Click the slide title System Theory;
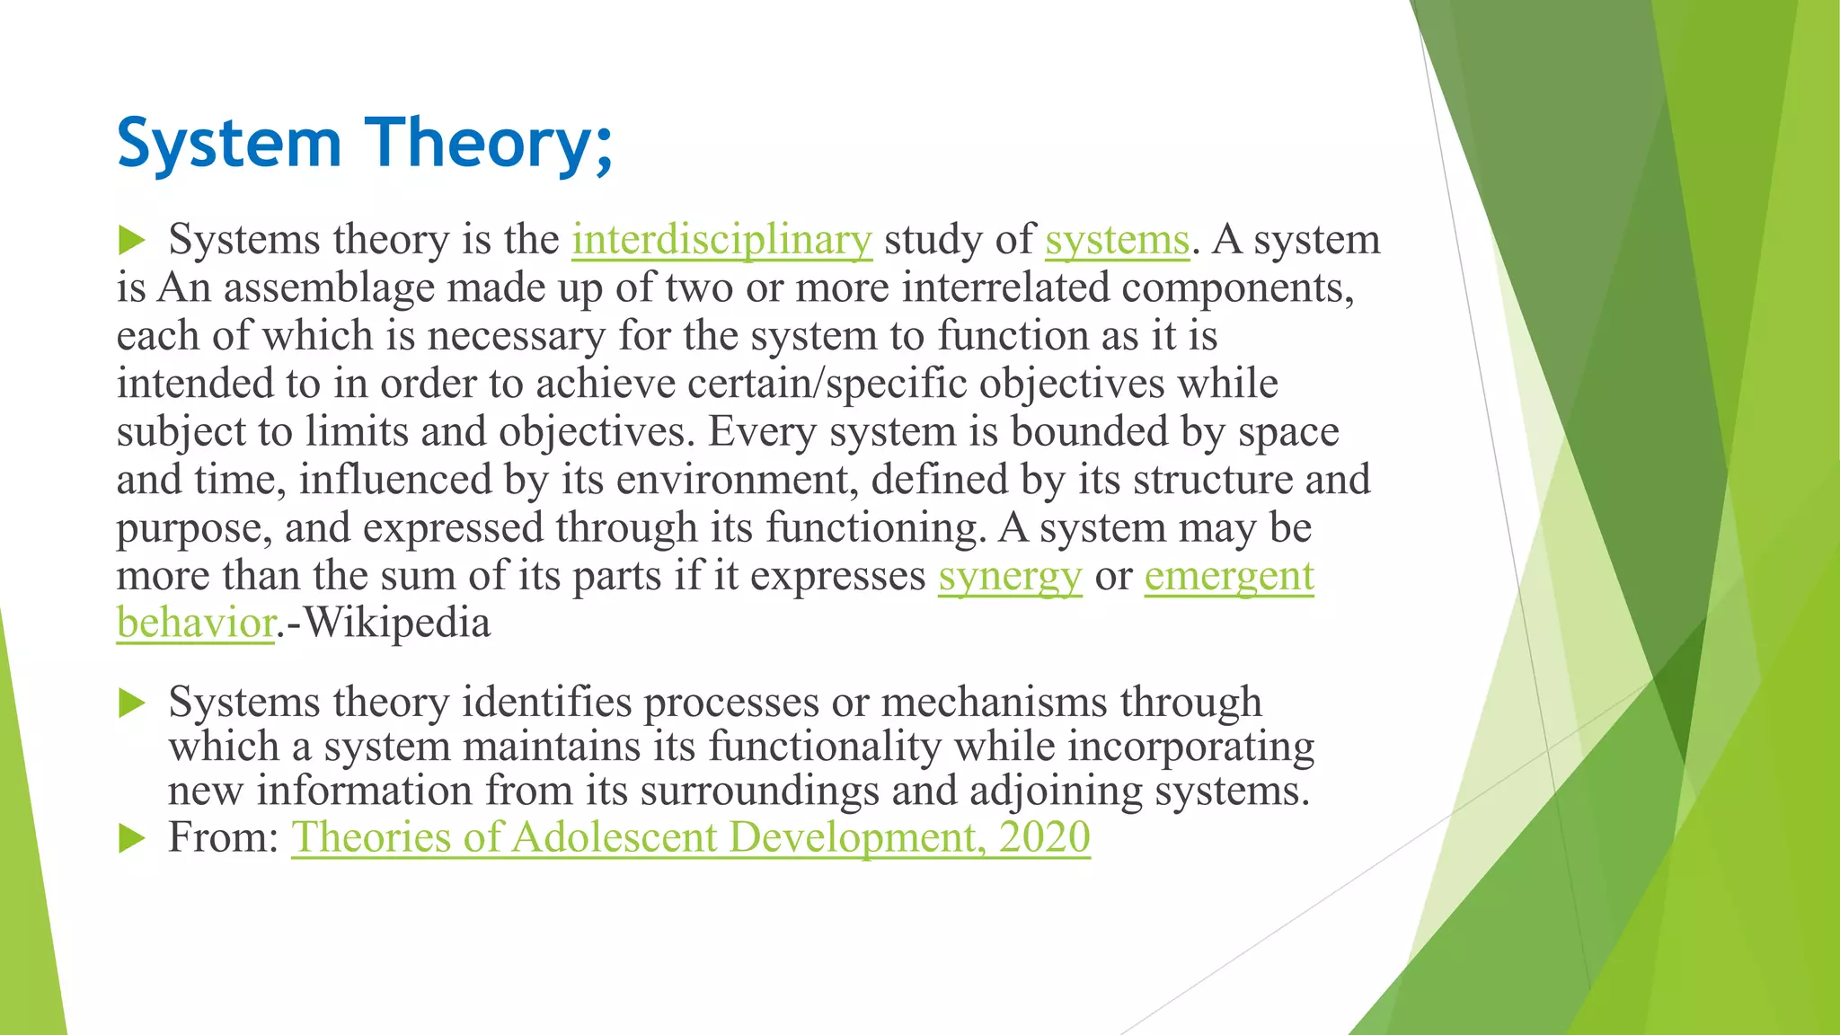pyautogui.click(x=365, y=144)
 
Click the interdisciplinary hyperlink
pyautogui.click(x=721, y=240)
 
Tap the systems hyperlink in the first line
pyautogui.click(x=1117, y=240)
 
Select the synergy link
pyautogui.click(x=1010, y=576)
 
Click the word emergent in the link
pyautogui.click(x=1228, y=576)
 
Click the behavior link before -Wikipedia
pyautogui.click(x=195, y=623)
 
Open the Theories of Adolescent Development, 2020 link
pyautogui.click(x=690, y=837)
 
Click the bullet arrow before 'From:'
pyautogui.click(x=131, y=839)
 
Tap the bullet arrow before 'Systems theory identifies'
pyautogui.click(x=131, y=703)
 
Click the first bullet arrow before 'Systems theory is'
pyautogui.click(x=131, y=240)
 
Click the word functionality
pyautogui.click(x=825, y=747)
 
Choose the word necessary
pyautogui.click(x=516, y=336)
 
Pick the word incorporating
pyautogui.click(x=1190, y=747)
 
